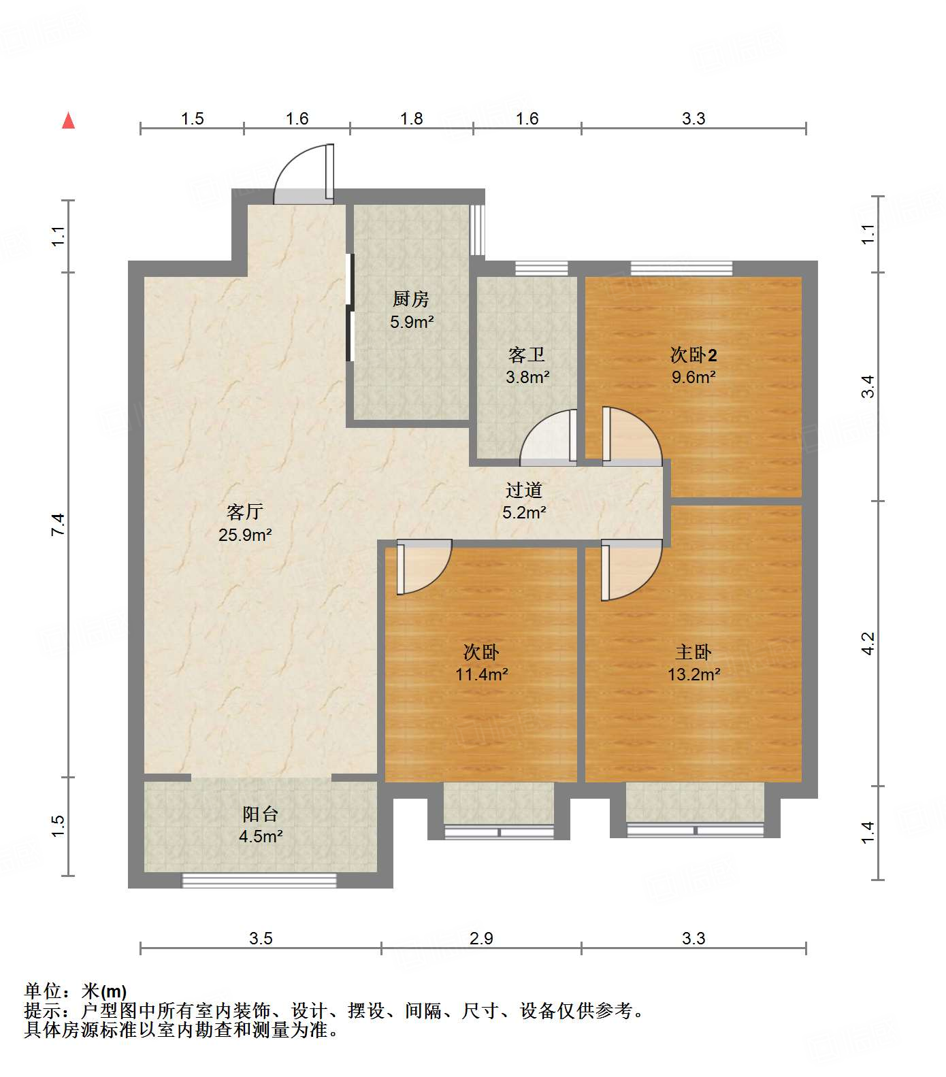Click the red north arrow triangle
(68, 121)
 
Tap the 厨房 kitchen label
(411, 299)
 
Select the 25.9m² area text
(245, 535)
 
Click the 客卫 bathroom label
(527, 354)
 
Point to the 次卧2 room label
(693, 354)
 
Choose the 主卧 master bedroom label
(694, 652)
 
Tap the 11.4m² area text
(482, 674)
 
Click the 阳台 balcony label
(261, 814)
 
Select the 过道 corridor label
(524, 490)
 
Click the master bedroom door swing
(630, 570)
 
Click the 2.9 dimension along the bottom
(481, 938)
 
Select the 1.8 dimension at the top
(411, 118)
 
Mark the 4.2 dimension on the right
(868, 644)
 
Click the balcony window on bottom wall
(259, 880)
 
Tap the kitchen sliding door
(350, 308)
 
